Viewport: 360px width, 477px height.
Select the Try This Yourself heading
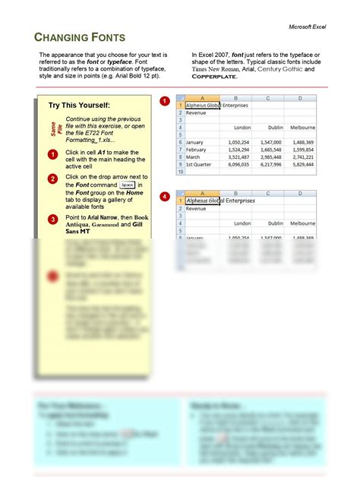point(79,105)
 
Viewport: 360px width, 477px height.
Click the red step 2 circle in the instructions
point(52,179)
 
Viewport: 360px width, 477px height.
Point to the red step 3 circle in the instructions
point(52,220)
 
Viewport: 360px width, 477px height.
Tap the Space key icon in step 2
point(128,185)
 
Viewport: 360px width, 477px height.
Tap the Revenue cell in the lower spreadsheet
point(197,208)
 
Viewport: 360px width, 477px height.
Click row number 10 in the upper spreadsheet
point(180,172)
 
